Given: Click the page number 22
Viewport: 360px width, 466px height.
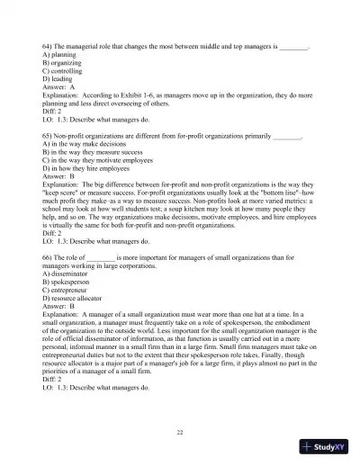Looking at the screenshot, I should point(180,433).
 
